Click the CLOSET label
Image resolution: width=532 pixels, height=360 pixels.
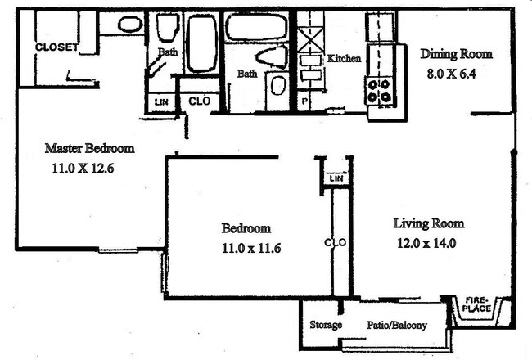(56, 47)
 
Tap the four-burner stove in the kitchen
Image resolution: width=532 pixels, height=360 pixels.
(379, 91)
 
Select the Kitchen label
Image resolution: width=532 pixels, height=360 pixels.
(344, 58)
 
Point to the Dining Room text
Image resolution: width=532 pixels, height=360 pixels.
(457, 54)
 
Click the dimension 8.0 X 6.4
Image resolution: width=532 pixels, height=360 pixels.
(452, 74)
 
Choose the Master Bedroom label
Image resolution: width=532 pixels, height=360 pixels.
(90, 148)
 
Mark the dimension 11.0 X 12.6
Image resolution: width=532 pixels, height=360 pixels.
(83, 169)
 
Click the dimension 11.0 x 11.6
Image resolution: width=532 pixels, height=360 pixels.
(251, 249)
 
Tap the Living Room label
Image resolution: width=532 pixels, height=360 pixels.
(429, 223)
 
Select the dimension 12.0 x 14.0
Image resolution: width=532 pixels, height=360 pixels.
(426, 243)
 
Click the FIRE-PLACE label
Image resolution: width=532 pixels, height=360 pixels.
(476, 304)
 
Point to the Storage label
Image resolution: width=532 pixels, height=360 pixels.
(326, 325)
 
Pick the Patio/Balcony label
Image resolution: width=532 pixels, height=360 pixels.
(397, 325)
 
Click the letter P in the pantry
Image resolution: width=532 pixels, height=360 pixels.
(304, 101)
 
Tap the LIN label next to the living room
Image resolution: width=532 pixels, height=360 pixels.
(336, 178)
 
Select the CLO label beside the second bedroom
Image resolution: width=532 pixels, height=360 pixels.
(336, 243)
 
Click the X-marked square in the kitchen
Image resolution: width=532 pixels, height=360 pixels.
(310, 40)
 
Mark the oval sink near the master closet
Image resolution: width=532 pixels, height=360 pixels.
(130, 24)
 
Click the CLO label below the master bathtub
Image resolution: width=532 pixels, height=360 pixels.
(200, 101)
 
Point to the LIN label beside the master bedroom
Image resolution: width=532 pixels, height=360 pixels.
(161, 101)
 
